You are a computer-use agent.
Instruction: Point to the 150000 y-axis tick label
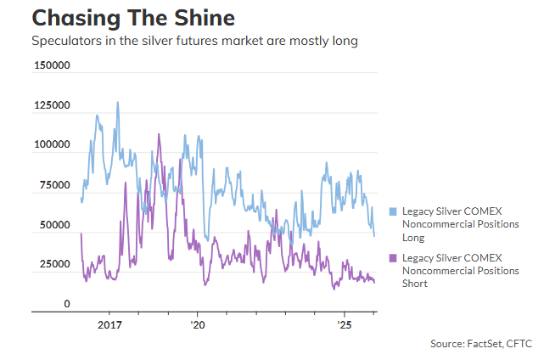click(x=51, y=66)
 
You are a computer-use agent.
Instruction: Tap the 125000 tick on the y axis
click(x=51, y=106)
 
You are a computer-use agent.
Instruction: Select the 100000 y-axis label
click(x=51, y=145)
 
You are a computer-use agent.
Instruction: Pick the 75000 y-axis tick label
click(x=53, y=185)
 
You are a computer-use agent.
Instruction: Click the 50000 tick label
click(x=53, y=225)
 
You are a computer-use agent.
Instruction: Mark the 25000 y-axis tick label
click(x=53, y=264)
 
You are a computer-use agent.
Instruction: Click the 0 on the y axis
click(x=66, y=304)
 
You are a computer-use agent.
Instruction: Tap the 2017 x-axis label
click(x=111, y=324)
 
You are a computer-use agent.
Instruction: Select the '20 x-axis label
click(x=197, y=324)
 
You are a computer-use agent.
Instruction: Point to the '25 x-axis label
click(x=345, y=324)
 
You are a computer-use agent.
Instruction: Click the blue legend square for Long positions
click(x=393, y=211)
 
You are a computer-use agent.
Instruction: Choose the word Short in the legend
click(x=416, y=284)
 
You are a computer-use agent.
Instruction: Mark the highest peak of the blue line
click(x=117, y=103)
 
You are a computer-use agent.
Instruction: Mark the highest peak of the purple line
click(x=159, y=134)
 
